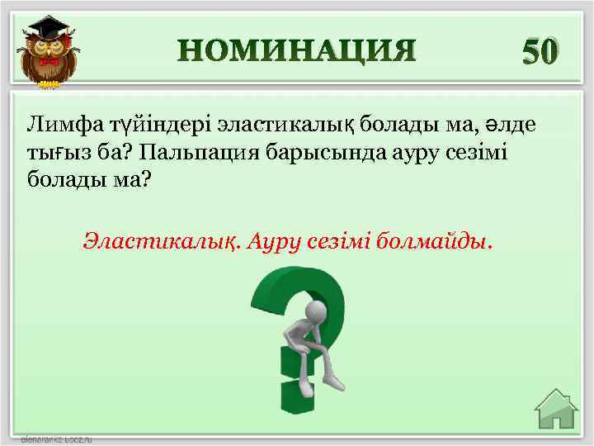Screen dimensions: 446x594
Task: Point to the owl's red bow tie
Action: [x=49, y=63]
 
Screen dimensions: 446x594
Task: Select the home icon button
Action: [x=555, y=410]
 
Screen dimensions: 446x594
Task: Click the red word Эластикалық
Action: [x=157, y=241]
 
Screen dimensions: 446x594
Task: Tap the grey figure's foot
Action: [x=333, y=383]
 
